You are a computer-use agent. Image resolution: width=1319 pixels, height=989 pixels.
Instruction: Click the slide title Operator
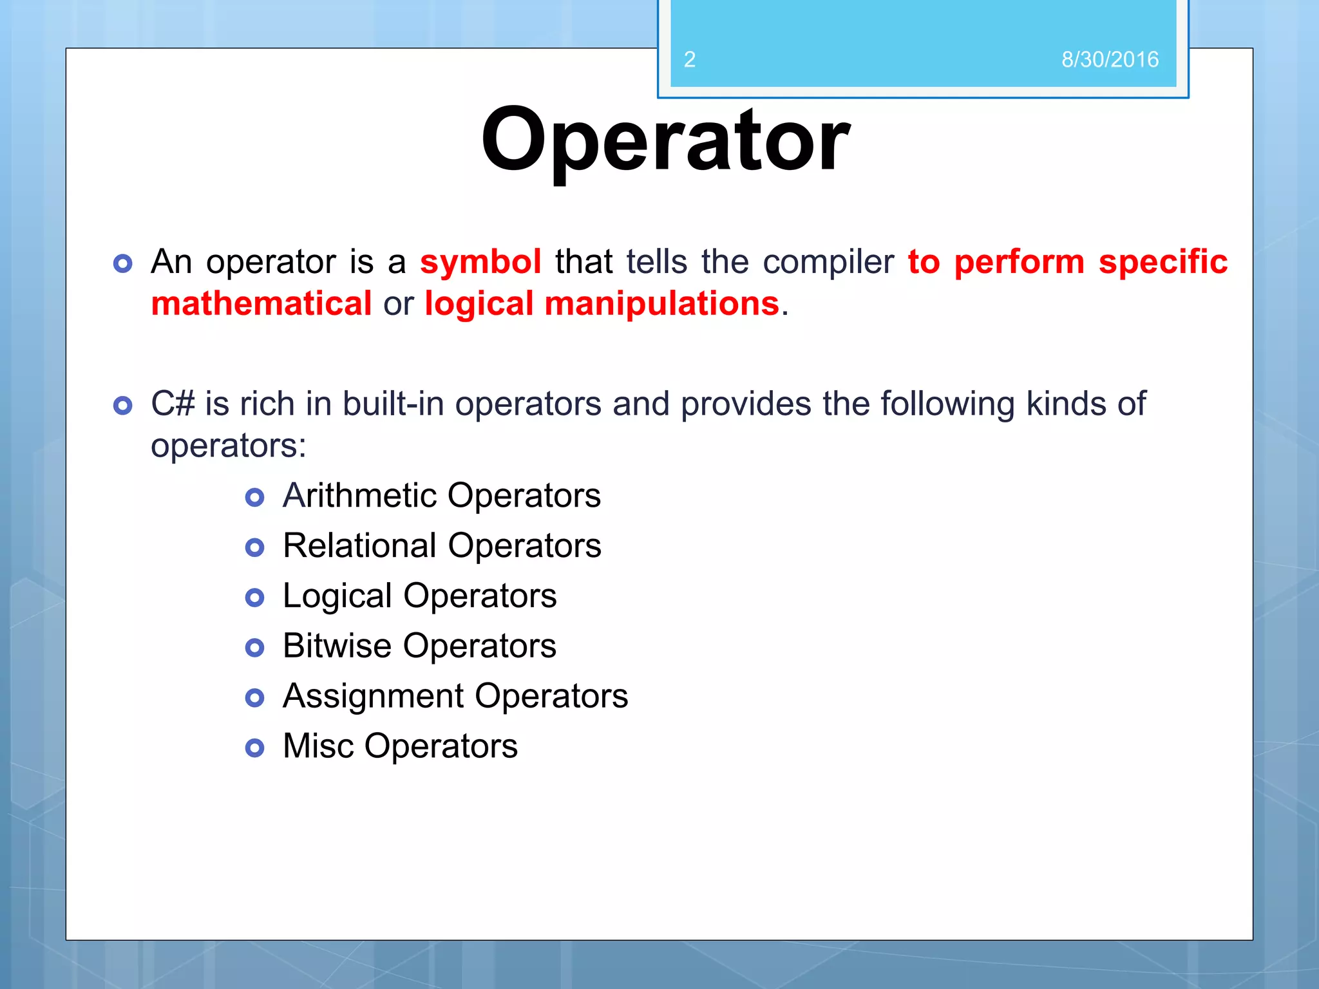tap(665, 140)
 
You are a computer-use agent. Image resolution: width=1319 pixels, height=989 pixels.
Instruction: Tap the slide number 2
tap(689, 60)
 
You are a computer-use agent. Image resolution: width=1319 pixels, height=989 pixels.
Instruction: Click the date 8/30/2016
tap(1110, 60)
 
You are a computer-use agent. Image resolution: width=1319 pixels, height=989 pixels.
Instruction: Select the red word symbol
tap(480, 262)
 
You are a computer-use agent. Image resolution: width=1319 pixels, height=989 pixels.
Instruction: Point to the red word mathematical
tap(261, 303)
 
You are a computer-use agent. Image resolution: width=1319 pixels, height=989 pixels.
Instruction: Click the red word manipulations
tap(661, 303)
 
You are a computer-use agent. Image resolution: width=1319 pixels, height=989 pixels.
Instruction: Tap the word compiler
tap(828, 262)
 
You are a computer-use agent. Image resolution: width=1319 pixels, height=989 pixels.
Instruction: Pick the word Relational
tap(359, 545)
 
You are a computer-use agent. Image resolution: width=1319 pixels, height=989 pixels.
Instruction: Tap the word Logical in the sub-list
tap(337, 596)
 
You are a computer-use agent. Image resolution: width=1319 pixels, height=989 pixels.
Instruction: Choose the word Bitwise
tap(337, 646)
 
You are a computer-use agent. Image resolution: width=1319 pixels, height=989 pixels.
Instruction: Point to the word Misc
tap(318, 746)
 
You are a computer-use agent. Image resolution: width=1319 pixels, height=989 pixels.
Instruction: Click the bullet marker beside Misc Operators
tap(255, 748)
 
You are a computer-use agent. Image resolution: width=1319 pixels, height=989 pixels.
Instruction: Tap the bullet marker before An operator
tap(122, 263)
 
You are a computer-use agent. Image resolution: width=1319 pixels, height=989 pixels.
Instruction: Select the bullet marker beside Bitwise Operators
tap(255, 648)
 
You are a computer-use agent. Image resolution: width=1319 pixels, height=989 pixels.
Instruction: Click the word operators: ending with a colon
tap(229, 446)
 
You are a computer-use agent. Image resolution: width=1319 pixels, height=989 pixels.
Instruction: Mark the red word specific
tap(1162, 262)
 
